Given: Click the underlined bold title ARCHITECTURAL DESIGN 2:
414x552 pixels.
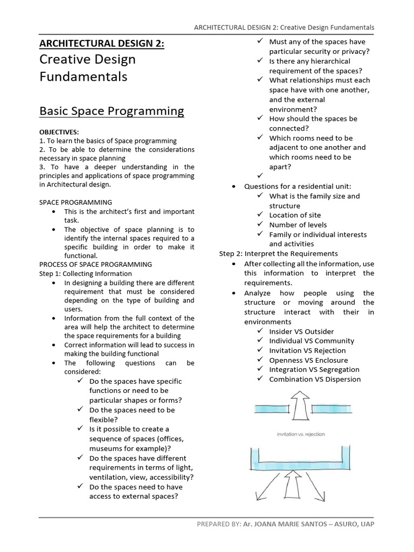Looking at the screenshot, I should click(x=102, y=43).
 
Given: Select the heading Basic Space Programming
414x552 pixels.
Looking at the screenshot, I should click(x=112, y=111).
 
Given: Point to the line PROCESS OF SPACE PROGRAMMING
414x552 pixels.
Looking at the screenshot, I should click(x=96, y=264).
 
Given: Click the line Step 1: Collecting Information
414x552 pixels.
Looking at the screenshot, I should click(x=85, y=273).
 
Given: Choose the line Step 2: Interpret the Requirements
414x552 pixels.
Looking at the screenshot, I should click(x=278, y=253).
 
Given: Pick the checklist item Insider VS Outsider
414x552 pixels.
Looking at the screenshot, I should click(x=301, y=331).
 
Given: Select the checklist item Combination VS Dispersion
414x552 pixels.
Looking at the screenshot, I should click(x=315, y=379).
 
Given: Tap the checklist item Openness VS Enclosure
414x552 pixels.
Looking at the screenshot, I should click(x=308, y=360).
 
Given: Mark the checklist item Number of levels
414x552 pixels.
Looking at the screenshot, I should click(x=298, y=225).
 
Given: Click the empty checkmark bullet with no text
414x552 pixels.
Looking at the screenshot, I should click(x=260, y=176).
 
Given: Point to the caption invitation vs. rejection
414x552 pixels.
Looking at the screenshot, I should click(x=301, y=434).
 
